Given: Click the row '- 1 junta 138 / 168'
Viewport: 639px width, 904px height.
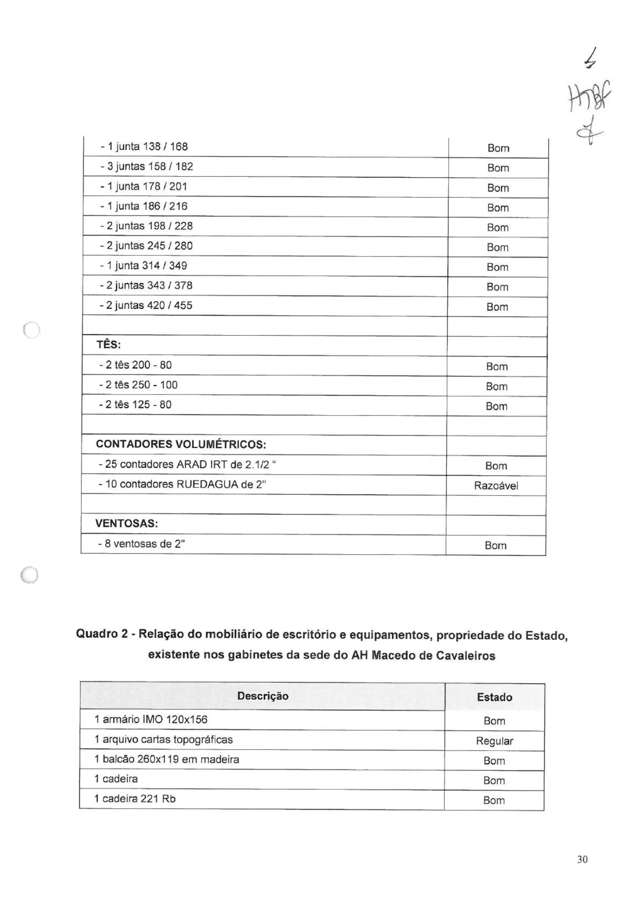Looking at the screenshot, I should [x=144, y=147].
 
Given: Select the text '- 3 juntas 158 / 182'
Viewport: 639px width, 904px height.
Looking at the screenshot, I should [x=146, y=167].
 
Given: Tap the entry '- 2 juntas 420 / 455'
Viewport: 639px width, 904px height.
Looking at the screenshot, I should [x=146, y=305].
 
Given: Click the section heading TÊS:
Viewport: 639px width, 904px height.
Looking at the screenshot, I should [x=109, y=345].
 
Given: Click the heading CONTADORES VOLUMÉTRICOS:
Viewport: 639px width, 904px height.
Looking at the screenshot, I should [x=181, y=444].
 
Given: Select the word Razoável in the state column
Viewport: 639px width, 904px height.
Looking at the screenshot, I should [x=496, y=486].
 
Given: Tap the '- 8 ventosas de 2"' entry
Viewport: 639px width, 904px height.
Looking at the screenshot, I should [x=141, y=544].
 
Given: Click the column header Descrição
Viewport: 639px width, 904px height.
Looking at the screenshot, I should [x=263, y=696].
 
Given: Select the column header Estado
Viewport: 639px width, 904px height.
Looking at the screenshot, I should [x=494, y=697].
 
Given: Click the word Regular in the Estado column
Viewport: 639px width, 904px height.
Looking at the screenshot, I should [x=494, y=741].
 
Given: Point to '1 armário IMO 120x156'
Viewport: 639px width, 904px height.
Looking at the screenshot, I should [x=151, y=720].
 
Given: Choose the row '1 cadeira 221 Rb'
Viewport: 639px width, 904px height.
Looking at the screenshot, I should [x=135, y=799].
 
